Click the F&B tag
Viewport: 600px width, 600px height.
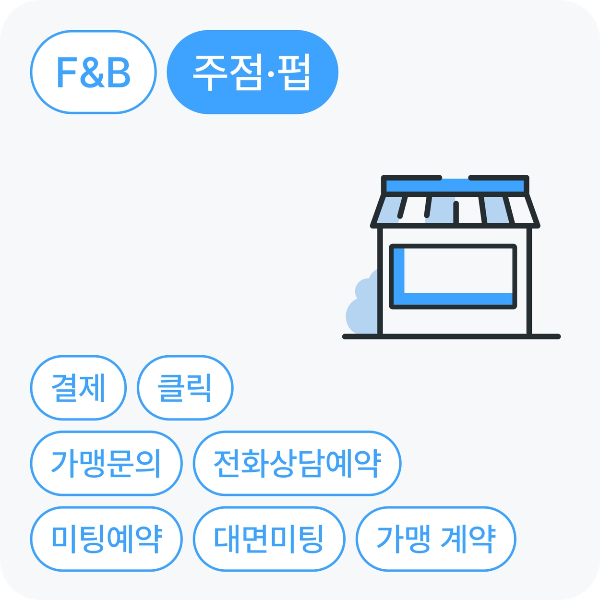[x=94, y=72]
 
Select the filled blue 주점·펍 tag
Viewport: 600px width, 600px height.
[x=252, y=72]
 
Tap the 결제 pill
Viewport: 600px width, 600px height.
[x=78, y=388]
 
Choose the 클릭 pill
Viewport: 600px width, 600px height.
[x=185, y=388]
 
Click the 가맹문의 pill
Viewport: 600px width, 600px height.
[x=106, y=463]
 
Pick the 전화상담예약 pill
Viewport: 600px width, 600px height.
[x=297, y=463]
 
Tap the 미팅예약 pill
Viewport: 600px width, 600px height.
[x=106, y=539]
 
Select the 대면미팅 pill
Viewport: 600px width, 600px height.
[x=269, y=539]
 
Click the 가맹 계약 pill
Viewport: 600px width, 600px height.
[x=436, y=539]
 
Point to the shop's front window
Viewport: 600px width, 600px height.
[x=453, y=276]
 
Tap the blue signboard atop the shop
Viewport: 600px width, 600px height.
[x=455, y=186]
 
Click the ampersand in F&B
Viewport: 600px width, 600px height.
[x=93, y=72]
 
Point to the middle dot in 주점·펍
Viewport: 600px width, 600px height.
[x=271, y=74]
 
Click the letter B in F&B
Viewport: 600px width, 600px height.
[x=120, y=72]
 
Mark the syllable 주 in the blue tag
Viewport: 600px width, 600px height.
[x=210, y=72]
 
